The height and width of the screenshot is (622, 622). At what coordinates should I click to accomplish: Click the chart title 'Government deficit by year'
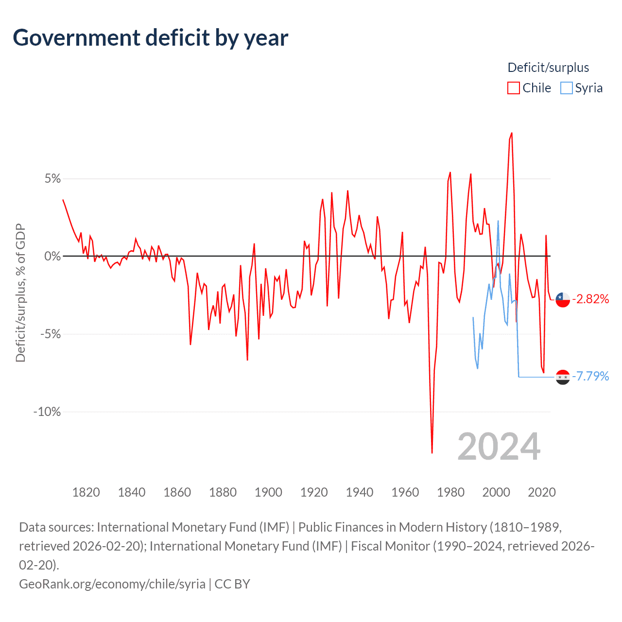(151, 38)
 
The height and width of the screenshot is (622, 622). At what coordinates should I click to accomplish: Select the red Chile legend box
(513, 88)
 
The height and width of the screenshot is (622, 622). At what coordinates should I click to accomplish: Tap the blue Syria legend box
(566, 88)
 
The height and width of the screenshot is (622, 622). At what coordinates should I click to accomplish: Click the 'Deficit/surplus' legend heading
(548, 68)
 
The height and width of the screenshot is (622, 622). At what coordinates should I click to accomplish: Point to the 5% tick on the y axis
(53, 179)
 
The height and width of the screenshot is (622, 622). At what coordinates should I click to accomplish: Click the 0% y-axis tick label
(53, 256)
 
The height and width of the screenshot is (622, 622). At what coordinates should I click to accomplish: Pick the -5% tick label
(51, 334)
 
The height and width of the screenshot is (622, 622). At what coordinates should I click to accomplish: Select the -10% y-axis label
(47, 412)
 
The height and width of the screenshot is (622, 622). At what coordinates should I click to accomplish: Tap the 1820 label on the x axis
(86, 492)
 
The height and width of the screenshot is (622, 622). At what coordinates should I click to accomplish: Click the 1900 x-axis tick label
(268, 492)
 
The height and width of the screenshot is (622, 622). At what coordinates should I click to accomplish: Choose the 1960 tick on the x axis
(405, 492)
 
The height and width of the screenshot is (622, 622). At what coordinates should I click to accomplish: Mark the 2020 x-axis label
(541, 492)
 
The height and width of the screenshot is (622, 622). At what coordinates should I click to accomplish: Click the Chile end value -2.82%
(590, 299)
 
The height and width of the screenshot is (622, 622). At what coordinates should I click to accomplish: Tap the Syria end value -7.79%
(590, 377)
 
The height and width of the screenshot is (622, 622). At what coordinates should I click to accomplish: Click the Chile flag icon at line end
(563, 300)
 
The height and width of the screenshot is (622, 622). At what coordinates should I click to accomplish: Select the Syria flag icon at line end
(563, 377)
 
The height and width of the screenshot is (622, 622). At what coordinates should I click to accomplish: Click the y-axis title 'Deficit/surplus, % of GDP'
(20, 293)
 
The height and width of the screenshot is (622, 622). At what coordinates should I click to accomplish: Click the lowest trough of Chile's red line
(432, 452)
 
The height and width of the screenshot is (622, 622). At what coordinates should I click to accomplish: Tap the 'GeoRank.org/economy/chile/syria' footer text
(112, 584)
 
